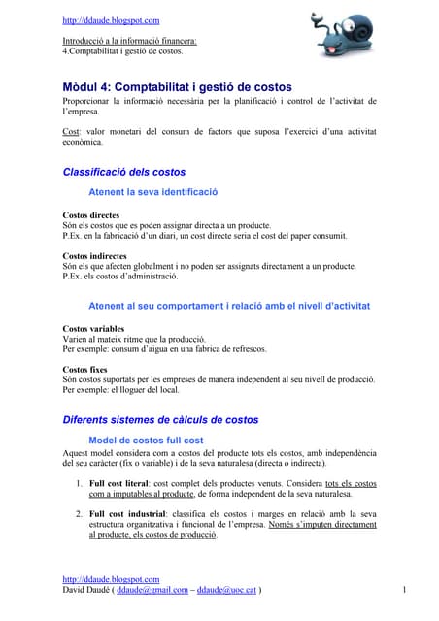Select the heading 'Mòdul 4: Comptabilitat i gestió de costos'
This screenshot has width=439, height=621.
coord(177,87)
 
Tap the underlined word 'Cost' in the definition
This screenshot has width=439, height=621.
coord(71,131)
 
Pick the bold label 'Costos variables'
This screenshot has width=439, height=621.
coord(93,329)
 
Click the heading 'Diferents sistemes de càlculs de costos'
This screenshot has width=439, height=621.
coord(160,420)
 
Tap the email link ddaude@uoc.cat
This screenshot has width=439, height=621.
coord(226,589)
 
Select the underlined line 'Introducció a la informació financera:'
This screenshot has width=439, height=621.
coord(129,41)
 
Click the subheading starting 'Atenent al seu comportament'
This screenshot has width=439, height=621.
coord(229,307)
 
